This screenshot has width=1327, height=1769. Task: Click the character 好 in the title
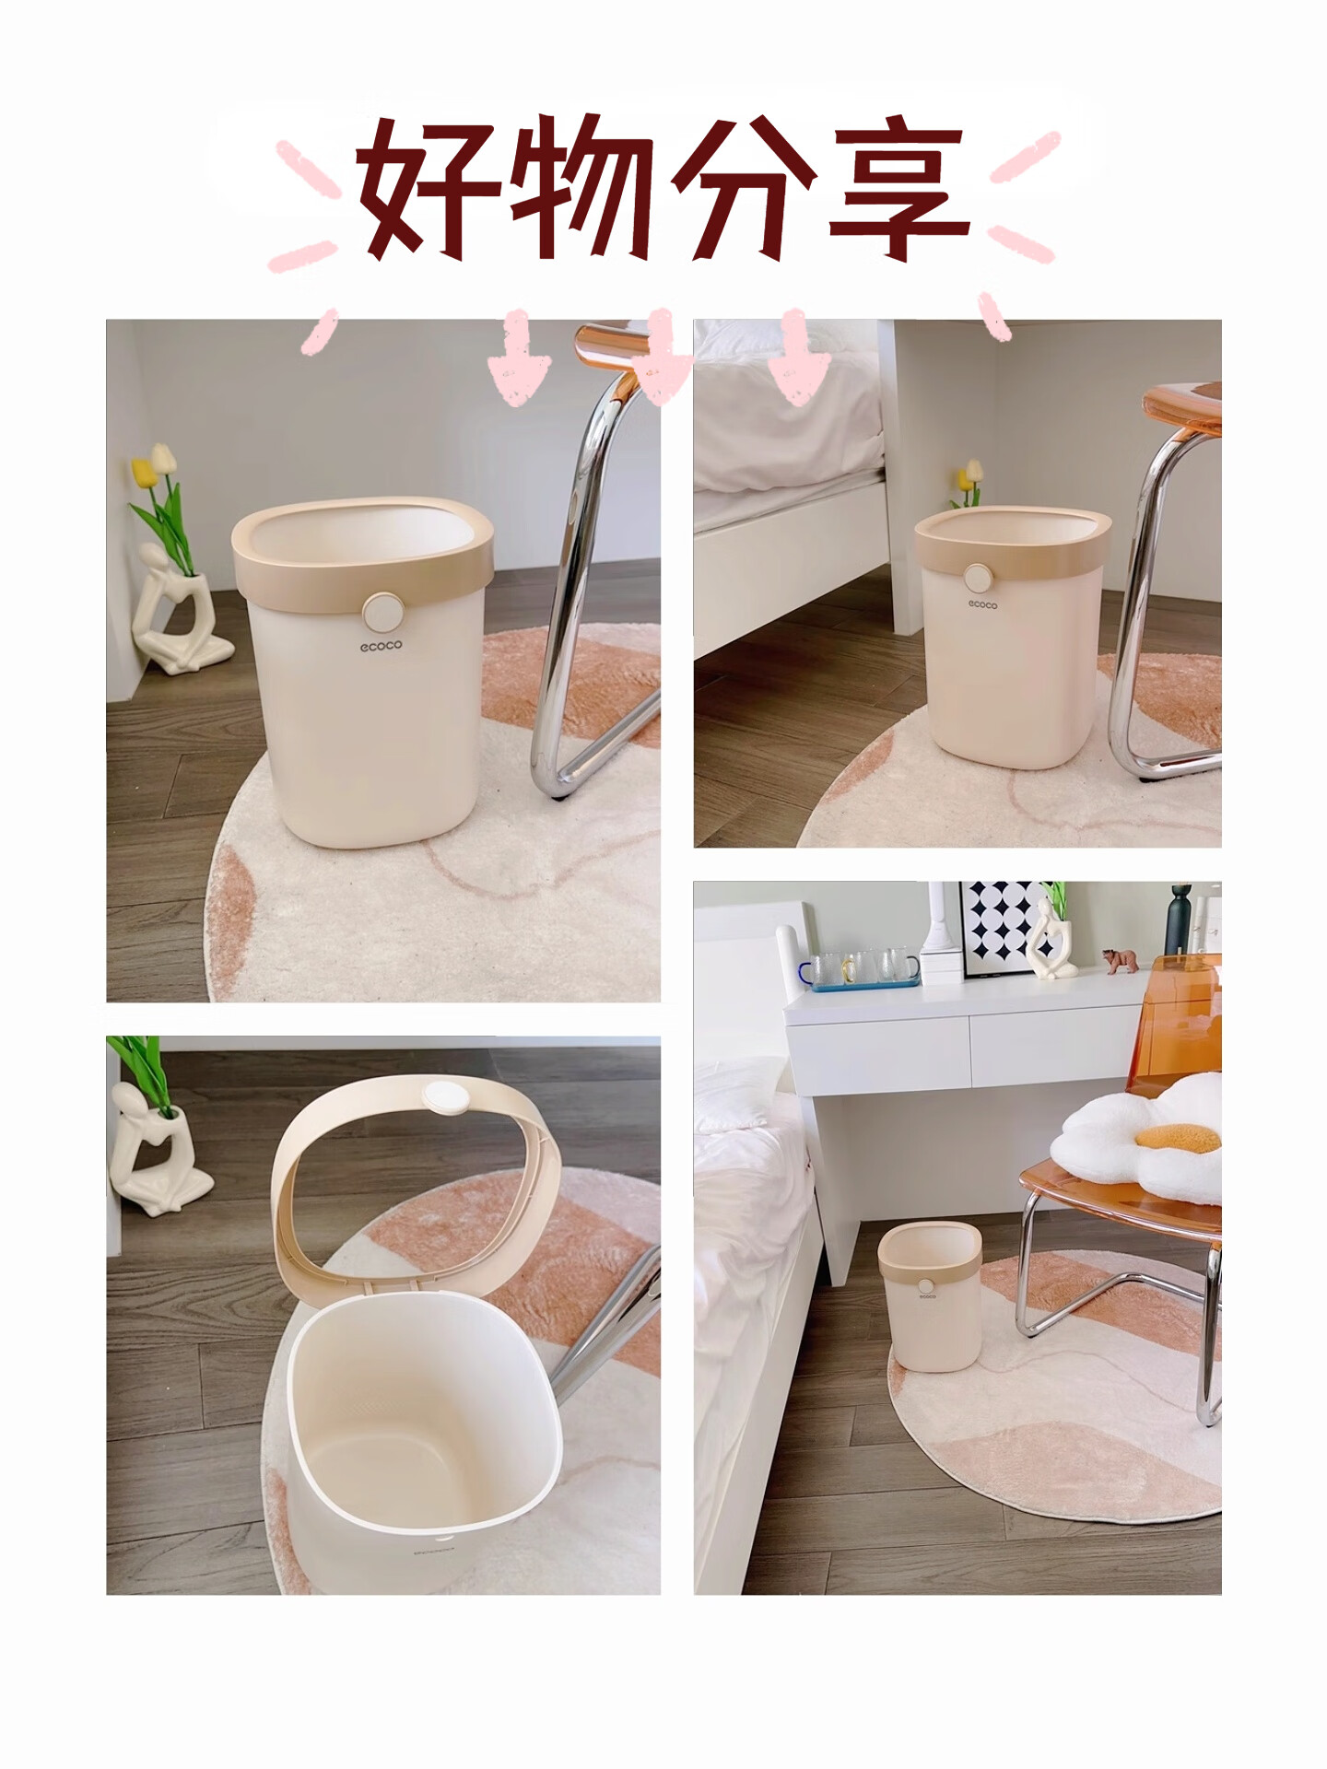(427, 188)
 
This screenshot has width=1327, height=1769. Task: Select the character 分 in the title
(743, 188)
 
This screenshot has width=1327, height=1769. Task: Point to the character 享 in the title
(898, 188)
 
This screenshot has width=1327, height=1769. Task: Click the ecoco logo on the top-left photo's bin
(381, 646)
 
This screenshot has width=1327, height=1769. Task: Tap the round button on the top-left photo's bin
(381, 611)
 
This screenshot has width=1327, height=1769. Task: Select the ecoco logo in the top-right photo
(982, 604)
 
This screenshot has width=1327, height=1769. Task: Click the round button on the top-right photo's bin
(978, 578)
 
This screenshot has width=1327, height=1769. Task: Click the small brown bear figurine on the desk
(1121, 961)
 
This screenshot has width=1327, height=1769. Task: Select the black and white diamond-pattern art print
(1006, 931)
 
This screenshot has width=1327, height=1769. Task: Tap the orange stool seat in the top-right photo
(1184, 405)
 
